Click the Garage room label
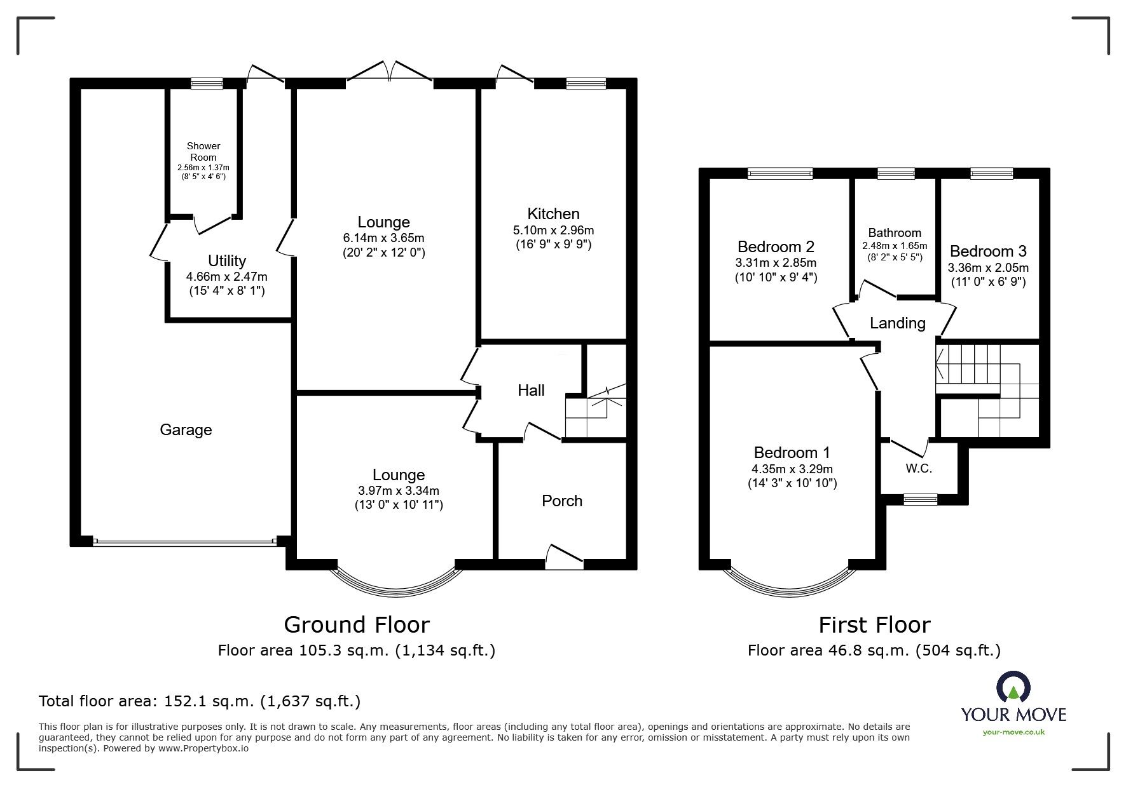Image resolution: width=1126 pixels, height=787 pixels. [x=186, y=430]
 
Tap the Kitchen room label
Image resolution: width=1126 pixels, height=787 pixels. [x=553, y=213]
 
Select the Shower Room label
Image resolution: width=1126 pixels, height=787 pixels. [x=203, y=151]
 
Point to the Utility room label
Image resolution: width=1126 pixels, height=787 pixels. [x=227, y=260]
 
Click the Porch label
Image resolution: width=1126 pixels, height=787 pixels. [x=562, y=501]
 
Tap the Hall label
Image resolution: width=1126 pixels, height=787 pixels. [x=531, y=390]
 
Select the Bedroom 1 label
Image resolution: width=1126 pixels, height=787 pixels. [x=792, y=452]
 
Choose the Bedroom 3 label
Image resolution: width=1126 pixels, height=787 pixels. [x=988, y=251]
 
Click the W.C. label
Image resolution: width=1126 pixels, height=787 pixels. [x=919, y=469]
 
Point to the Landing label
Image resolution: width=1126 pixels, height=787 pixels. [x=897, y=323]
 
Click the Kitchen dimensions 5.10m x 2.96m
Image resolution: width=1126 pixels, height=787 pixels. [x=553, y=230]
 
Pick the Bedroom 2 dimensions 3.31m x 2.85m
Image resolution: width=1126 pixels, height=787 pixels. [x=776, y=262]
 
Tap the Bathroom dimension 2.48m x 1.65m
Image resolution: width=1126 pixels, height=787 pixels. [x=895, y=246]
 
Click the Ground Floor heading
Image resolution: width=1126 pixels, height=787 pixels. [x=357, y=624]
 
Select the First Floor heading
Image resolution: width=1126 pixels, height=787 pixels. [x=874, y=624]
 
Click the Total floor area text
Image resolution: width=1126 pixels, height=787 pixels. [x=200, y=701]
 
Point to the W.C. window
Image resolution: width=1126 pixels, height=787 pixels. [x=921, y=499]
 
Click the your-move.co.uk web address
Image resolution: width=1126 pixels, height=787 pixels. [x=1013, y=732]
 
